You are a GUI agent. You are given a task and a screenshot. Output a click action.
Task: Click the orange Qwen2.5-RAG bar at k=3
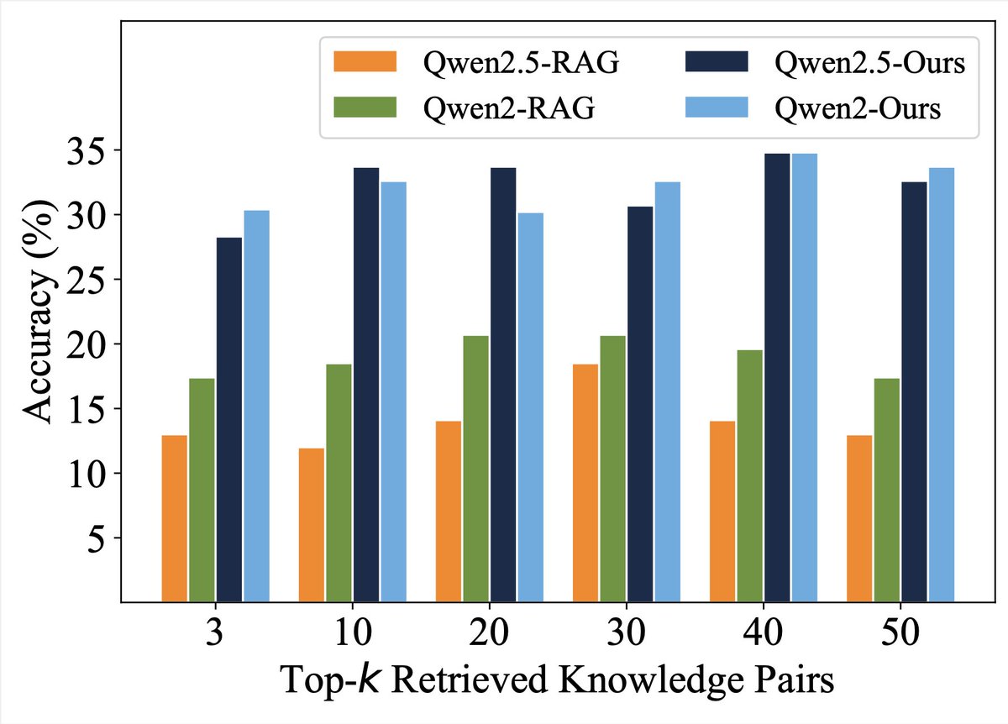pos(175,518)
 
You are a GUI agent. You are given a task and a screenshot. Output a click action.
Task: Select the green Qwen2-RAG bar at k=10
pos(339,483)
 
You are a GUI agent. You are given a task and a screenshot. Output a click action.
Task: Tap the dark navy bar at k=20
pos(503,385)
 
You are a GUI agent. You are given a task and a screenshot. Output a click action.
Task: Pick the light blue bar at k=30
pos(667,391)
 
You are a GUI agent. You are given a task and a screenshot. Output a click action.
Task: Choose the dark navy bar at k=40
pos(777,377)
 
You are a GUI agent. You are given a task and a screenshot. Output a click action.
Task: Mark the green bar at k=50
pos(886,490)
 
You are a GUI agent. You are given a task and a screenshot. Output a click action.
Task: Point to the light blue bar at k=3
pos(256,406)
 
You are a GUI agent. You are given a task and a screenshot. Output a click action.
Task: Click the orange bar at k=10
pos(312,525)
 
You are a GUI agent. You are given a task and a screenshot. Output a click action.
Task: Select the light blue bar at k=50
pos(941,385)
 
